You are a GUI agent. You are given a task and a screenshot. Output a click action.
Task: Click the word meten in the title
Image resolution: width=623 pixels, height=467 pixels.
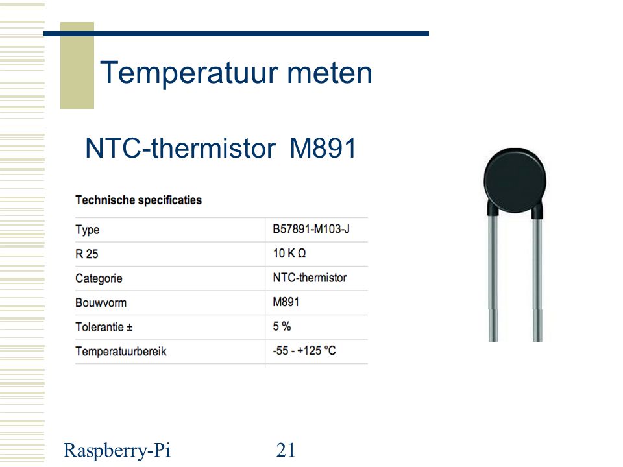point(330,73)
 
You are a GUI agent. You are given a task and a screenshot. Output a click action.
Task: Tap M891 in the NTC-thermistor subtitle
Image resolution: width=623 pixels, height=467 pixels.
point(323,148)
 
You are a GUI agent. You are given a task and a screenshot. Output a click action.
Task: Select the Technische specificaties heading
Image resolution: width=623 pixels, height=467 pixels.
point(139,200)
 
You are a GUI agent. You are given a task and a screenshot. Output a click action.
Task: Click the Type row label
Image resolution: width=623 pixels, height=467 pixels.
point(88,230)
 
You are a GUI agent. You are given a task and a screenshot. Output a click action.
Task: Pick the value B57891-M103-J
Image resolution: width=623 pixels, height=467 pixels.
point(311,229)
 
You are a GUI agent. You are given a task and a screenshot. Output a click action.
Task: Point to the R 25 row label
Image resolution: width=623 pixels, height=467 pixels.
point(86,254)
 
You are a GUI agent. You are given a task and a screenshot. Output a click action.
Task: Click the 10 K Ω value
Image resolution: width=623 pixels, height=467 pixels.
point(289,254)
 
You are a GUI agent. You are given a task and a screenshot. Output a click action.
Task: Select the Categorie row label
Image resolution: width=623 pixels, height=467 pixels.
point(99,278)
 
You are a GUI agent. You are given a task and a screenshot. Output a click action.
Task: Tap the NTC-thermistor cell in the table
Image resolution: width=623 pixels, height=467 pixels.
point(310,278)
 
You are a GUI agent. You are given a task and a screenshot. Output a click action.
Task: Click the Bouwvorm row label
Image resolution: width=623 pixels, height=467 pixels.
point(101,303)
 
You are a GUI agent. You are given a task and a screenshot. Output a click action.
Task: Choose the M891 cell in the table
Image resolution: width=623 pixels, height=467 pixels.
point(286,302)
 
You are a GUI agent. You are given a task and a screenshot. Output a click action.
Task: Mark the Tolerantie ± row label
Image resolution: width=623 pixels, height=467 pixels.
point(104,327)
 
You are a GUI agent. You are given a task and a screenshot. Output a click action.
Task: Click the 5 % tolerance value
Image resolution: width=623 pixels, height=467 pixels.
point(282,326)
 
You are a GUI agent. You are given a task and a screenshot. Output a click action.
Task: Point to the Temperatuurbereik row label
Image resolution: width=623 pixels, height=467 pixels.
point(121,352)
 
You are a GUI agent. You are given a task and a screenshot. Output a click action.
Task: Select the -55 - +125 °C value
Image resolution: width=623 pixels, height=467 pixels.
point(304,351)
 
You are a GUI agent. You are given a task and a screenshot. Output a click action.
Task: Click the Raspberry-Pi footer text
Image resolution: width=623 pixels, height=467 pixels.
point(117,451)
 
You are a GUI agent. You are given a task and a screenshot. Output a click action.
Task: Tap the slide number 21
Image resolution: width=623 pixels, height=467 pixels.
point(286,450)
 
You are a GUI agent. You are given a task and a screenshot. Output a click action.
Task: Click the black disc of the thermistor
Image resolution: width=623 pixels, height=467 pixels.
point(515,181)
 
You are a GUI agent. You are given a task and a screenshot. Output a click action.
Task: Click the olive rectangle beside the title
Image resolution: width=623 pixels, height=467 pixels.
point(77,66)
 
